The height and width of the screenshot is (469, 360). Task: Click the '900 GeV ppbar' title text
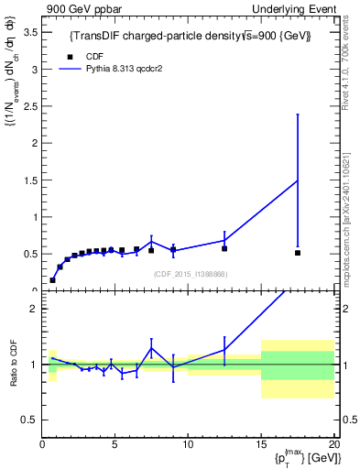(x=77, y=8)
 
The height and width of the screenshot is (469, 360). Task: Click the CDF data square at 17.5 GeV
(x=298, y=253)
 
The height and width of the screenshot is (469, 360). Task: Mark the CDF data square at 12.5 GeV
(x=224, y=248)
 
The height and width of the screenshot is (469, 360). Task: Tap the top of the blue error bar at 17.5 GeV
(x=298, y=115)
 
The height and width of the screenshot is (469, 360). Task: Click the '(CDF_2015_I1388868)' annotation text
(x=191, y=274)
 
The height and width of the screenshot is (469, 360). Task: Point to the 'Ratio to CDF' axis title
(x=14, y=365)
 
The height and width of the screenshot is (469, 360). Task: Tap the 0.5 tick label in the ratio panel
(x=28, y=420)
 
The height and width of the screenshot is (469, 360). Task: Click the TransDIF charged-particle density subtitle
(x=191, y=36)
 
